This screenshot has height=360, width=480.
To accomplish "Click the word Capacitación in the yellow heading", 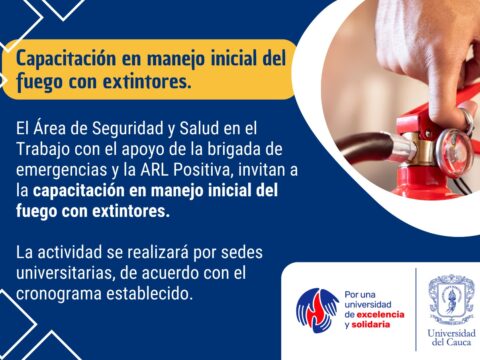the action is click(66, 59).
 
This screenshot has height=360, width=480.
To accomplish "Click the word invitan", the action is click(261, 170).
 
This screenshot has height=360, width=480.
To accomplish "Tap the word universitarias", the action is click(66, 273).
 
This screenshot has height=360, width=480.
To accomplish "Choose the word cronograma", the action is click(58, 294).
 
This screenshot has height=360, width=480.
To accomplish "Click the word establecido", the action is click(149, 294).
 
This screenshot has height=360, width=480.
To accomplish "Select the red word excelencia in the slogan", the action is click(380, 314).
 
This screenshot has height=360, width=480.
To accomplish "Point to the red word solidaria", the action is click(371, 324).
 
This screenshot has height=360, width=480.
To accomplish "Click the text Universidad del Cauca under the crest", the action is click(451, 337).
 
